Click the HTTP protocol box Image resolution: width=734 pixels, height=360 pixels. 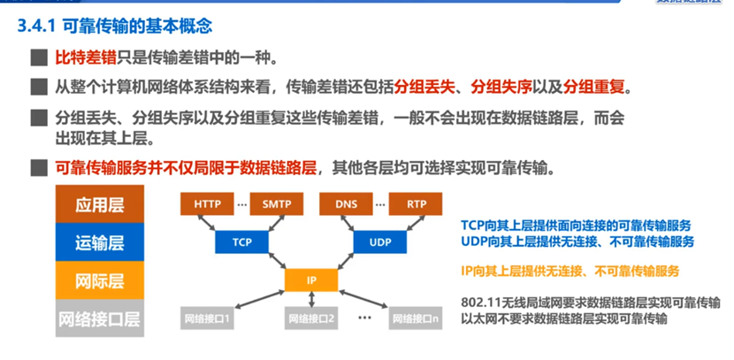[x=208, y=204]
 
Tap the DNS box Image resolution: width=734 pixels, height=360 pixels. [x=347, y=204]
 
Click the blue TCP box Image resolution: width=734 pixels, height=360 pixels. [x=242, y=241]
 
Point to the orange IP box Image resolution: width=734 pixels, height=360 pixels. [x=311, y=280]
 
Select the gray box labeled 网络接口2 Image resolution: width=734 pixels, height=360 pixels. [x=311, y=318]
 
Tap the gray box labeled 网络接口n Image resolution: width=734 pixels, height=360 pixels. [x=416, y=318]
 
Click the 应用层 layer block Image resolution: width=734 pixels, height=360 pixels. [x=98, y=205]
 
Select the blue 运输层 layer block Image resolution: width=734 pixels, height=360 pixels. [x=98, y=242]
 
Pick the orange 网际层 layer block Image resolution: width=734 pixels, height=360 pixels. [x=98, y=280]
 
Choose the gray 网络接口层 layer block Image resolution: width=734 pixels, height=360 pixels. [x=98, y=318]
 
